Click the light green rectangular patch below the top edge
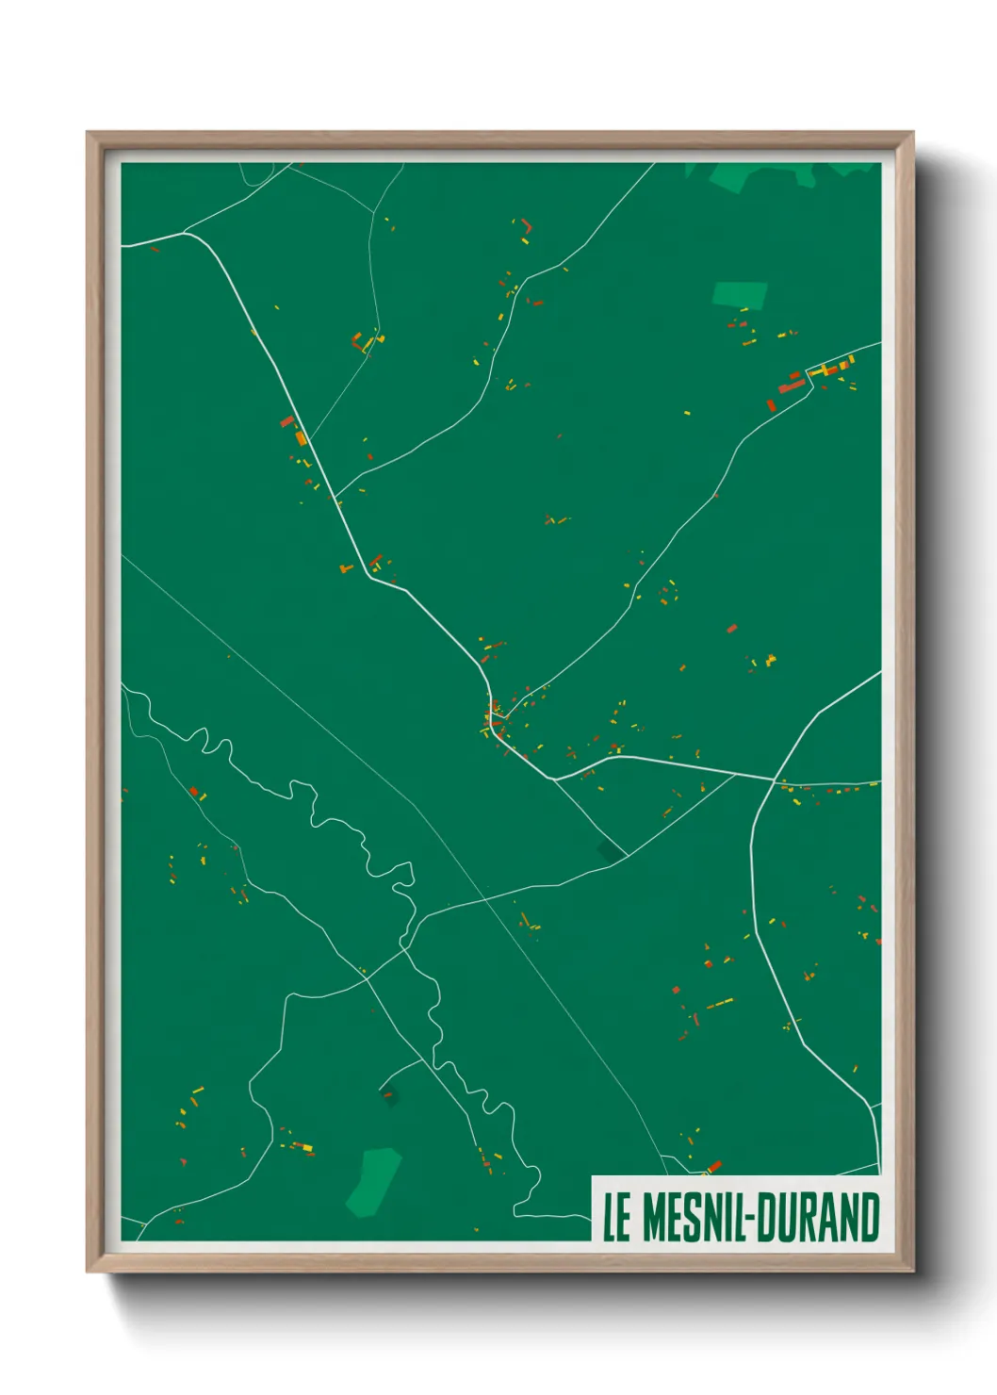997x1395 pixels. tap(739, 294)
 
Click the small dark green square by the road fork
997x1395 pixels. tap(610, 850)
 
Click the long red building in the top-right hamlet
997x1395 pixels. tap(791, 386)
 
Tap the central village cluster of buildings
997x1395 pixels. tap(495, 721)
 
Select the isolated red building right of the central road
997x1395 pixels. tap(731, 628)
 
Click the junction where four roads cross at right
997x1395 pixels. tap(776, 780)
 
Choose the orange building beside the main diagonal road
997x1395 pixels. tap(301, 436)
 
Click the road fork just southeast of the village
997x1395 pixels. tap(553, 780)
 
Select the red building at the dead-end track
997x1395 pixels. tap(386, 1094)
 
